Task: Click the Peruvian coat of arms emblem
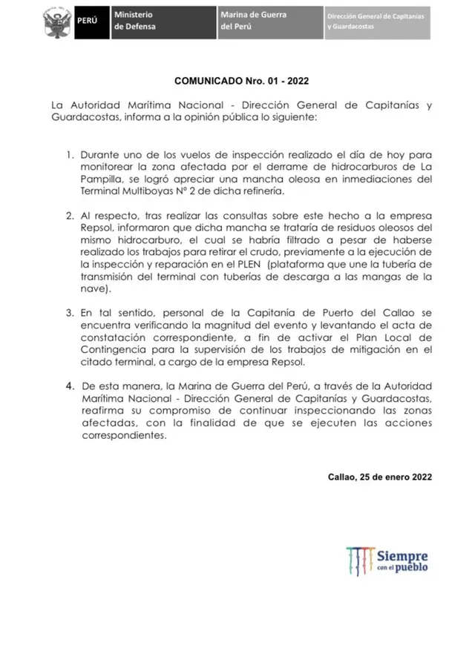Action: (55, 21)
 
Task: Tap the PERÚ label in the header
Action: (88, 21)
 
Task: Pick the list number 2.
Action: (69, 216)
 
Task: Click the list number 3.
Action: (69, 313)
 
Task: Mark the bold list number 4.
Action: (69, 386)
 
